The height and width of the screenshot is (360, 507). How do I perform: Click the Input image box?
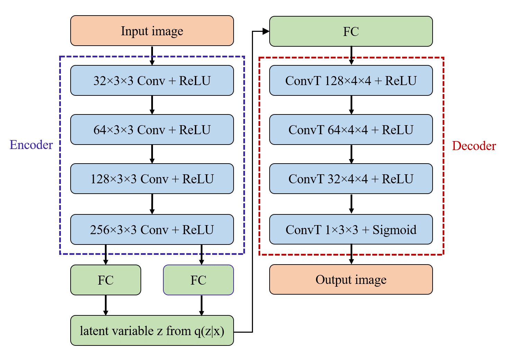152,31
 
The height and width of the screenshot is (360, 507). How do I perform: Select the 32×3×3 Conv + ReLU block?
152,81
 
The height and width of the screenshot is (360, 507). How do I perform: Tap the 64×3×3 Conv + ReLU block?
152,130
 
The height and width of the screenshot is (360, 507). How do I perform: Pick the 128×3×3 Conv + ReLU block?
152,179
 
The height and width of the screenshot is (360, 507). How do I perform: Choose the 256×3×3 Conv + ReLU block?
152,230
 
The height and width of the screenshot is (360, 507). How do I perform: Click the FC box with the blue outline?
198,280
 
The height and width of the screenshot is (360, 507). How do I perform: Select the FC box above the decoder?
351,31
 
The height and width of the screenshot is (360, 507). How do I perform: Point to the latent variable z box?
152,331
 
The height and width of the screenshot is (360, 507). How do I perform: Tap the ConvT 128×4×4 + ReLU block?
351,81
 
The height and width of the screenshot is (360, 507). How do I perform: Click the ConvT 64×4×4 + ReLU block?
351,130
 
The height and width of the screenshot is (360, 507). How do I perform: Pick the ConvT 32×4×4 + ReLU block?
351,179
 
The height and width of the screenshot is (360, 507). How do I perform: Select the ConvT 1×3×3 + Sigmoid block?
351,230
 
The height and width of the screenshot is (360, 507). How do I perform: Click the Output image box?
351,279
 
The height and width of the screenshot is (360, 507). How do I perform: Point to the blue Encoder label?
31,145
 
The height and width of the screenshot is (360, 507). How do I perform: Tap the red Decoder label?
474,146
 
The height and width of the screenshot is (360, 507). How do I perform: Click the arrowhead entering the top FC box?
266,31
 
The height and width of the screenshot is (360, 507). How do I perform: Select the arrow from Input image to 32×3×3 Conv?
152,55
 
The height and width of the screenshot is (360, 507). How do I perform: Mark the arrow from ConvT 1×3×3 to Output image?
351,254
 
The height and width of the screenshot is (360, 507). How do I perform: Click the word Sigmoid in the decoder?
394,230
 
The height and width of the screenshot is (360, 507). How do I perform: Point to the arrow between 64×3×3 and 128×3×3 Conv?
152,154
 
